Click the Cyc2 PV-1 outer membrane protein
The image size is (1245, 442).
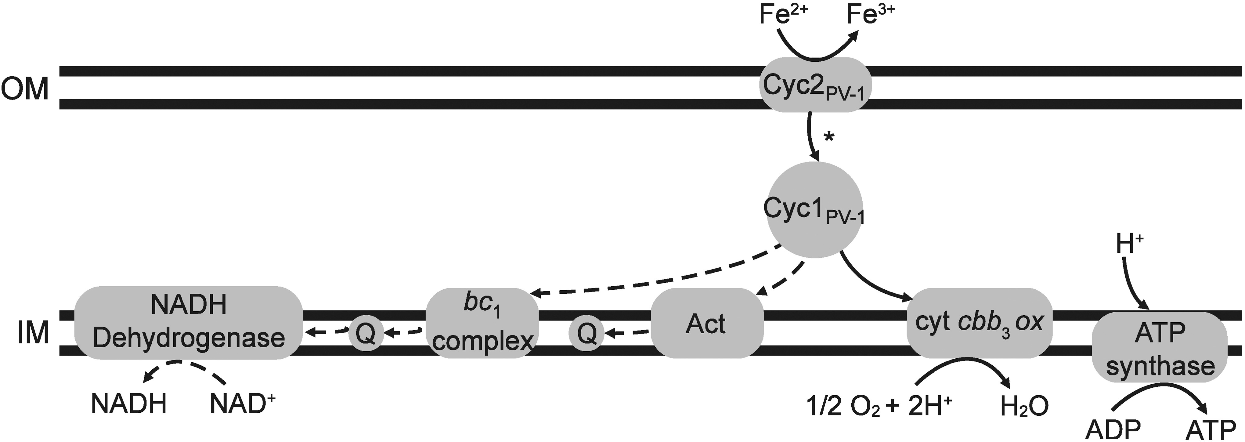(816, 85)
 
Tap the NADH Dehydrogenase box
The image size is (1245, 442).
(189, 323)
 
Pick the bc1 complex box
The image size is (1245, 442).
(482, 323)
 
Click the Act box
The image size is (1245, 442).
(707, 323)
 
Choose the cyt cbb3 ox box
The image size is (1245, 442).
(980, 323)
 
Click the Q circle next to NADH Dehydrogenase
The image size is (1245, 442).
(366, 333)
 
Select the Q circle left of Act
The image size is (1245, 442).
(586, 333)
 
